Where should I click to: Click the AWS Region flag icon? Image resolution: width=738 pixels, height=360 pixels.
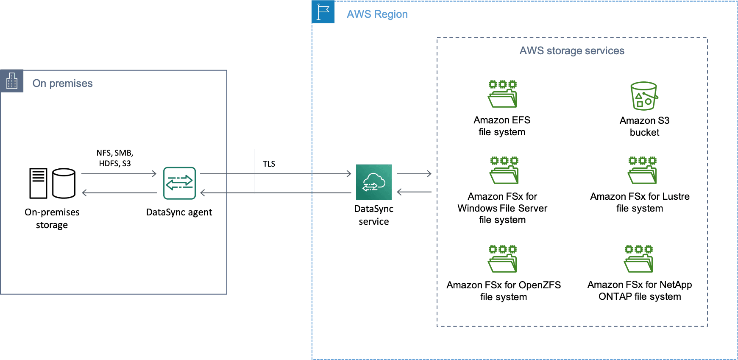click(x=323, y=12)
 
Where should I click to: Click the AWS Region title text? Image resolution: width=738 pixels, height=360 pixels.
click(x=377, y=14)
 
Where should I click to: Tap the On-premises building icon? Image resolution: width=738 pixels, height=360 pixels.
click(x=12, y=81)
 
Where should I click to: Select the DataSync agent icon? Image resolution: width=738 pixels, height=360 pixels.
click(x=180, y=183)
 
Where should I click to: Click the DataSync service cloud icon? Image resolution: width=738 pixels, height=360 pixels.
click(x=373, y=182)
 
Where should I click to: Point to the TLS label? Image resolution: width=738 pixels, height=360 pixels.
click(x=269, y=164)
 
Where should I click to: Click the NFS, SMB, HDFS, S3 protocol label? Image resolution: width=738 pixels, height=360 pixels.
click(x=115, y=158)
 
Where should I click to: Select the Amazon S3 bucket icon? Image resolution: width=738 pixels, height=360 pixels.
click(x=644, y=96)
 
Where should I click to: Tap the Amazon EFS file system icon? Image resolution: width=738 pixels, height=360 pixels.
click(x=502, y=94)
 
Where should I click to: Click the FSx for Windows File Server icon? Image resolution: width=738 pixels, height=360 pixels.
click(x=504, y=170)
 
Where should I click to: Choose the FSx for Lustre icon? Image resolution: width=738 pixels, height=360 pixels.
click(x=642, y=170)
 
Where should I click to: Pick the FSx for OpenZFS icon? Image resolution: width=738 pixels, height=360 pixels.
click(x=503, y=259)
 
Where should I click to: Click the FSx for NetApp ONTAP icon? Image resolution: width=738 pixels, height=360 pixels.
click(x=638, y=259)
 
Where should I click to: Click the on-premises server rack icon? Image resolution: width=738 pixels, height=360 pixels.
click(x=38, y=183)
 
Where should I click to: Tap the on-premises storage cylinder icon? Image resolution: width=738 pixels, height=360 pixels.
click(x=64, y=183)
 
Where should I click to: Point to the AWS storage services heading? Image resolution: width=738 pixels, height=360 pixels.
click(x=572, y=51)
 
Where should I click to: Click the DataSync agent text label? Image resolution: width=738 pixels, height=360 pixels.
click(x=179, y=212)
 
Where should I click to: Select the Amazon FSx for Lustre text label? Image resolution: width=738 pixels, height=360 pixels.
click(x=640, y=202)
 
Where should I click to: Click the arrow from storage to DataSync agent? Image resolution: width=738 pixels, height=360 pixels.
click(x=119, y=173)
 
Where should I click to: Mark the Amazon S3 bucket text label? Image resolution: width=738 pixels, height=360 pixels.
click(x=644, y=126)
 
